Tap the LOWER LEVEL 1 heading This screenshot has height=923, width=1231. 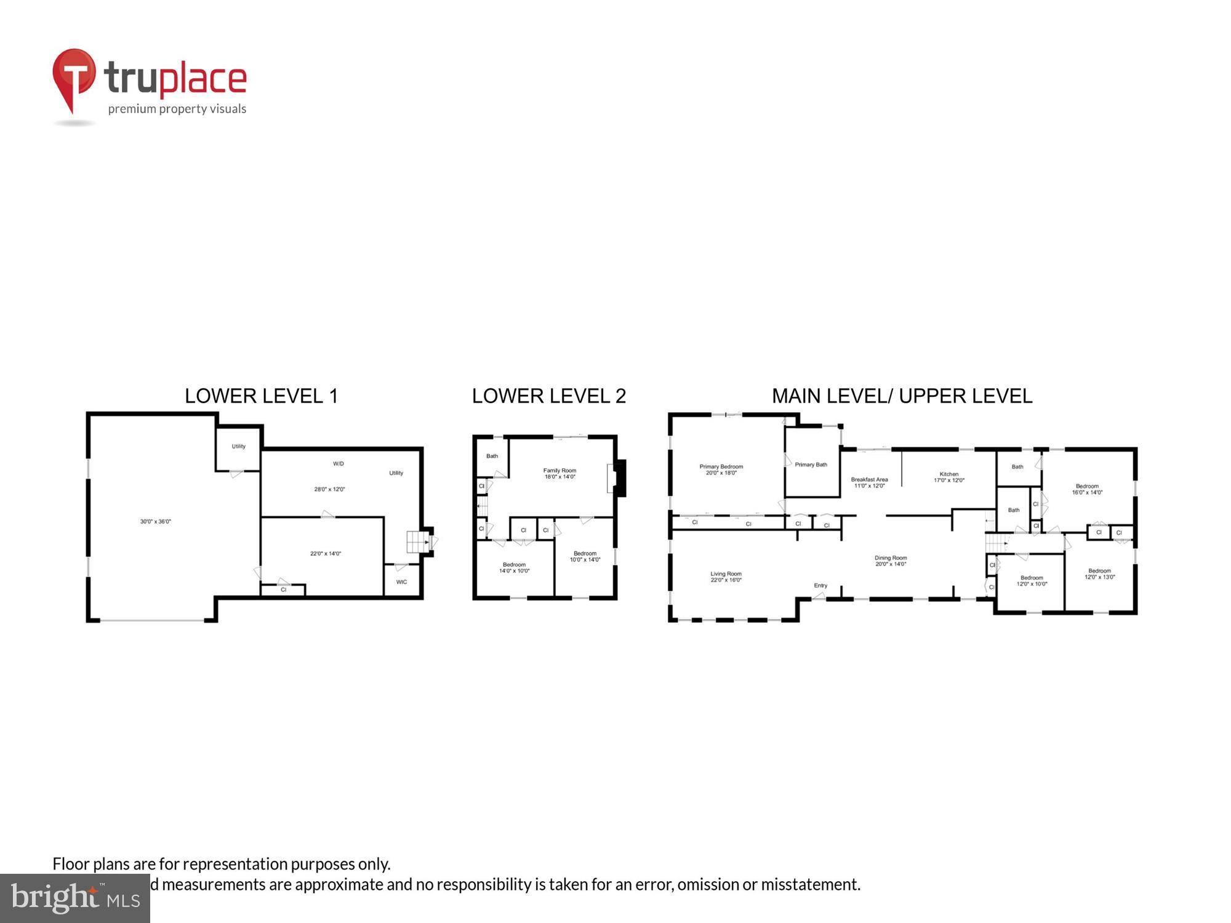262,396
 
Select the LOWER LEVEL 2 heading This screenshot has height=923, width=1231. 548,396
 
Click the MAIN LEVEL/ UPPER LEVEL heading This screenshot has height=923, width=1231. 902,396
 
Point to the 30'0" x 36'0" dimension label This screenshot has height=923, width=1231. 155,521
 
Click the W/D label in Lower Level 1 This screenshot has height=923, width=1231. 338,463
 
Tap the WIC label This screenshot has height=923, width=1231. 401,581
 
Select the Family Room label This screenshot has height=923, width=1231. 559,470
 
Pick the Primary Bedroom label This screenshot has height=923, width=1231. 721,466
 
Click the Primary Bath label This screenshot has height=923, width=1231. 811,465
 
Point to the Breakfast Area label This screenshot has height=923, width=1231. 869,479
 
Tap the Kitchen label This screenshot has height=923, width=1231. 948,474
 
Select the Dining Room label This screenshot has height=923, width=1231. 891,558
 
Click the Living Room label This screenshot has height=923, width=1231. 726,573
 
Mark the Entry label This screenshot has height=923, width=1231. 820,585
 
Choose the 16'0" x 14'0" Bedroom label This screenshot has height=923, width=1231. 1087,486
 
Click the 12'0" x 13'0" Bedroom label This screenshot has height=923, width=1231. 1099,570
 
